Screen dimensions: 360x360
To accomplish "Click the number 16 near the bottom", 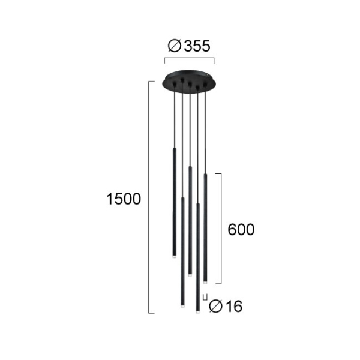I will [x=233, y=307].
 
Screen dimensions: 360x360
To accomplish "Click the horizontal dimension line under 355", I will [x=189, y=60].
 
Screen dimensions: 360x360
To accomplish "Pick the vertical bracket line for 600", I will [x=221, y=228].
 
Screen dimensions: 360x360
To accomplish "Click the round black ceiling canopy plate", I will [x=189, y=82].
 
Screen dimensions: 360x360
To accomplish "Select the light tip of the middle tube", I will [x=190, y=273].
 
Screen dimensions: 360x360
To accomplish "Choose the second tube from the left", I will [x=182, y=252].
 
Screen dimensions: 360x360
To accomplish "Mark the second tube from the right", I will [x=197, y=258].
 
